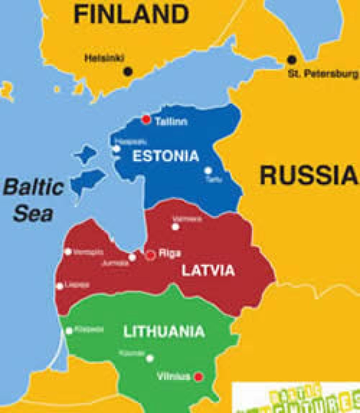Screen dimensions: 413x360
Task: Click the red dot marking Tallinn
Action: pos(146,119)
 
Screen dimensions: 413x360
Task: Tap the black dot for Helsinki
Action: pos(128,71)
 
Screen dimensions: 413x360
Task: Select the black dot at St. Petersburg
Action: pos(292,60)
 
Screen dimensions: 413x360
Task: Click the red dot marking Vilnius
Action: pos(199,377)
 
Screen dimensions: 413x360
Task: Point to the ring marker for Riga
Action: pos(150,254)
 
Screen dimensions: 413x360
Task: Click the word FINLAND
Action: pos(131,15)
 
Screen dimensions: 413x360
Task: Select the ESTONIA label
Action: pos(166,156)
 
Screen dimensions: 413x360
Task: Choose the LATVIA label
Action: pos(208,270)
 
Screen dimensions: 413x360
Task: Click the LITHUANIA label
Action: pos(164,331)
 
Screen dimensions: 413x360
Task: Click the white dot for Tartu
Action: pos(208,171)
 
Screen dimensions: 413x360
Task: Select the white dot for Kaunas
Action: pos(150,358)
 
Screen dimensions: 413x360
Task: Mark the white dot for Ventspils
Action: pos(68,251)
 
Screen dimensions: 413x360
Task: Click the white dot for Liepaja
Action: pos(60,286)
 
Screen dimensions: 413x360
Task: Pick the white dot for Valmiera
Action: pos(175,226)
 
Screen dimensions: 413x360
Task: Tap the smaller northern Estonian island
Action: pos(85,155)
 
